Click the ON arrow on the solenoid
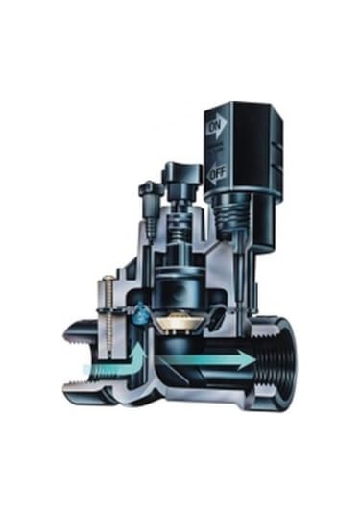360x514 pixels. click(217, 124)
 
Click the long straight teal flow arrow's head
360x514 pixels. click(248, 359)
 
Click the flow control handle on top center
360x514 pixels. click(182, 171)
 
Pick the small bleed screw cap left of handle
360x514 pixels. click(150, 190)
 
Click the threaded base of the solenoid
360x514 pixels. click(232, 213)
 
